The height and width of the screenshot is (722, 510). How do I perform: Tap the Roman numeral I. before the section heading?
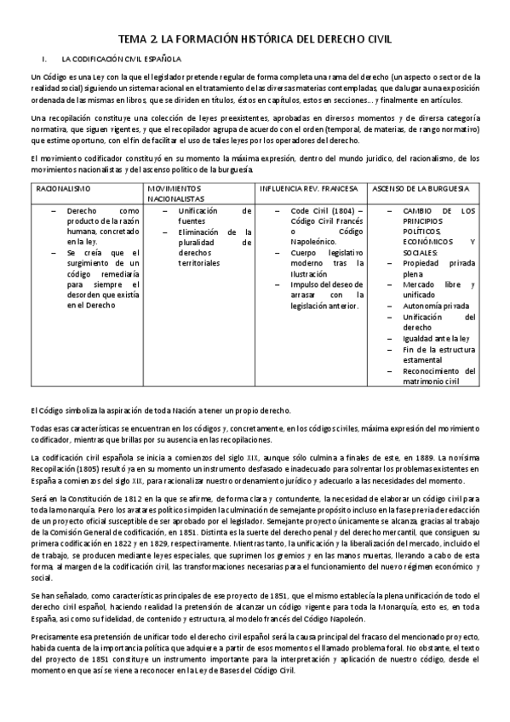tap(43, 60)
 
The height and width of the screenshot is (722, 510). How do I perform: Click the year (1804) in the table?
tap(335, 209)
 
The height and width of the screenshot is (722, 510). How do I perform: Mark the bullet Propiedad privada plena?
tap(438, 268)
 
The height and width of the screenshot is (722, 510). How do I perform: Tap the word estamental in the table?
tap(429, 359)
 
